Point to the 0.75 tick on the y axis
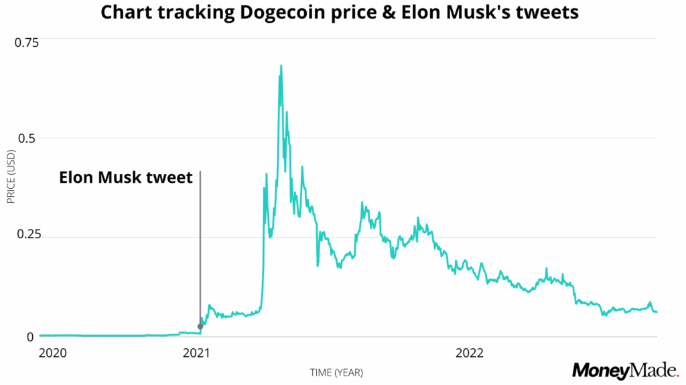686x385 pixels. coord(27,42)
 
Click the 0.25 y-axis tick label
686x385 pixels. coord(27,234)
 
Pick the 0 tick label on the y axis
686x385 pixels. coord(29,337)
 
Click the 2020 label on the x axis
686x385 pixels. coord(53,352)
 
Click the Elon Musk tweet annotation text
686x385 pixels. coord(126,178)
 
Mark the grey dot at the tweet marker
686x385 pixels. coord(200,326)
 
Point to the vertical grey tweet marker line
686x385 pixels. coord(200,248)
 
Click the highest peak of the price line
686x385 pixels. coord(281,66)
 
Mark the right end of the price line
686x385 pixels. coord(657,312)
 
